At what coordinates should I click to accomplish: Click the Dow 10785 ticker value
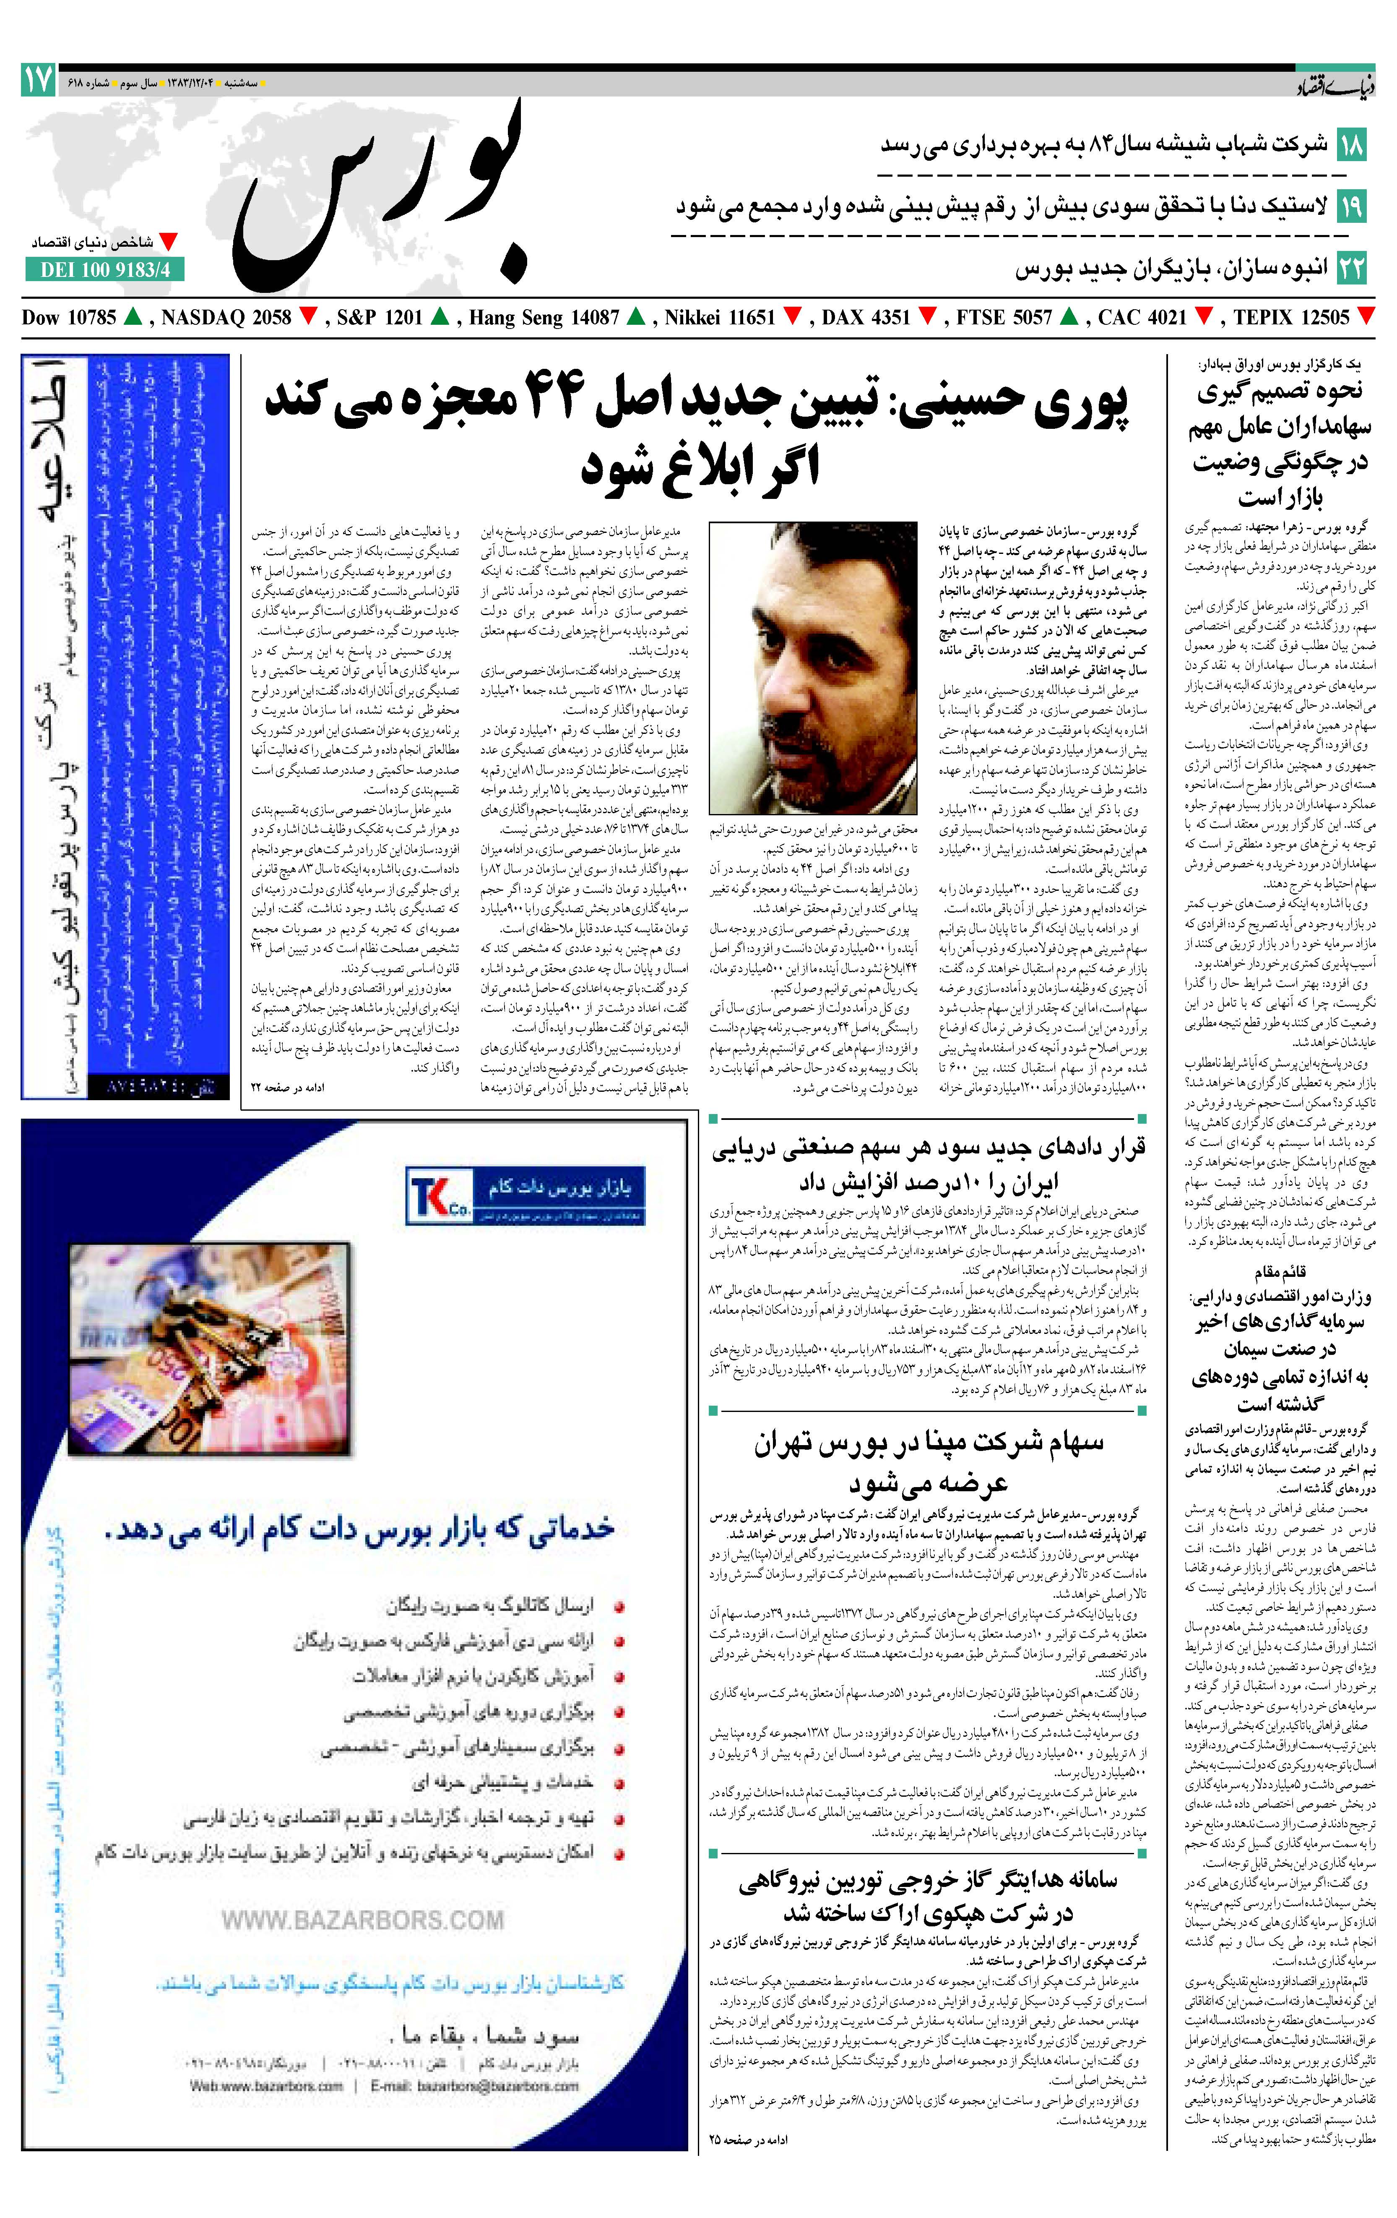(69, 318)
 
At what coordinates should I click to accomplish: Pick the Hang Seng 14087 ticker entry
(544, 318)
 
